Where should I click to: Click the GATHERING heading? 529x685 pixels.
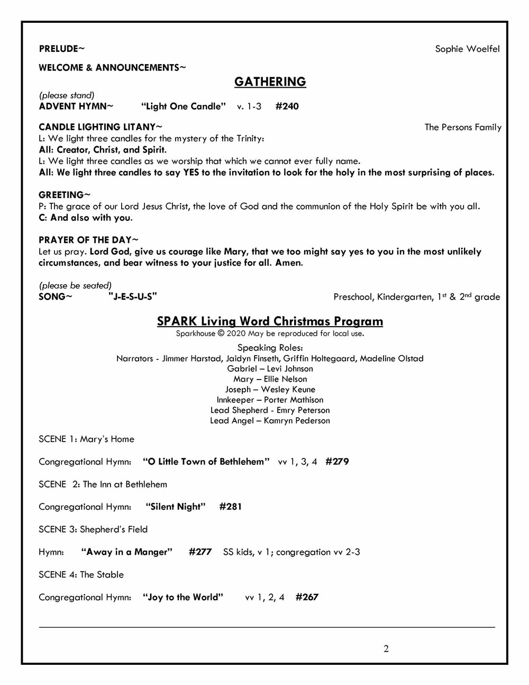pyautogui.click(x=270, y=82)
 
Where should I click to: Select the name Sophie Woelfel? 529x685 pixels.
pyautogui.click(x=467, y=49)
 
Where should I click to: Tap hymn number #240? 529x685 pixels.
pyautogui.click(x=287, y=106)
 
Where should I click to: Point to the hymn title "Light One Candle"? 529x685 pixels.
pyautogui.click(x=183, y=106)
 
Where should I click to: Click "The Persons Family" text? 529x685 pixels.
pyautogui.click(x=463, y=127)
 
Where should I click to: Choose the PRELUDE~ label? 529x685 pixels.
pyautogui.click(x=61, y=49)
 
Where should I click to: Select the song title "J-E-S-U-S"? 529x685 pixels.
pyautogui.click(x=133, y=296)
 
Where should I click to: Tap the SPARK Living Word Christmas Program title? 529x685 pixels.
pyautogui.click(x=270, y=321)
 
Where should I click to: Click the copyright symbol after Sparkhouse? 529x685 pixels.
pyautogui.click(x=221, y=334)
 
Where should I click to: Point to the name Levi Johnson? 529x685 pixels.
pyautogui.click(x=290, y=368)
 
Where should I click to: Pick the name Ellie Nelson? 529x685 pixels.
pyautogui.click(x=285, y=379)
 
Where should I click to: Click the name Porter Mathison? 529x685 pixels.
pyautogui.click(x=294, y=400)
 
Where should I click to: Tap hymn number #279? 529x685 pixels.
pyautogui.click(x=337, y=462)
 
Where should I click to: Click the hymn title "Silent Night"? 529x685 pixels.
pyautogui.click(x=176, y=507)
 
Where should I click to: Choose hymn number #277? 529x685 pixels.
pyautogui.click(x=200, y=552)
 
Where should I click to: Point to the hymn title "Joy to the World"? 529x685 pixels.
pyautogui.click(x=183, y=597)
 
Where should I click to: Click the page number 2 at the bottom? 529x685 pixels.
pyautogui.click(x=386, y=648)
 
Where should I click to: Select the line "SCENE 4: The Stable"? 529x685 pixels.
pyautogui.click(x=81, y=574)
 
